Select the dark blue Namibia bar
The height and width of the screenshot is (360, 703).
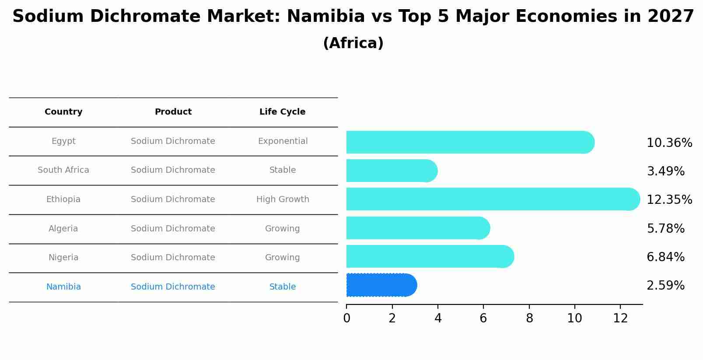pyautogui.click(x=381, y=285)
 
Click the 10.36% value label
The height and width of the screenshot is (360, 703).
pyautogui.click(x=669, y=143)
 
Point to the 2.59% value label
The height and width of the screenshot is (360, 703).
pyautogui.click(x=665, y=286)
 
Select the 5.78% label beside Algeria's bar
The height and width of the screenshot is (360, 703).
pyautogui.click(x=665, y=228)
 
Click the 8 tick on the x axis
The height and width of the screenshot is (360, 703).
pyautogui.click(x=529, y=318)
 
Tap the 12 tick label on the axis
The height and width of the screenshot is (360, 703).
pyautogui.click(x=620, y=318)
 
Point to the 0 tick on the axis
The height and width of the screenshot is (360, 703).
pyautogui.click(x=346, y=318)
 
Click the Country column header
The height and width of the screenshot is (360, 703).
pyautogui.click(x=63, y=112)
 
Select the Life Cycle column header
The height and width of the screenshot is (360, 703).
pyautogui.click(x=282, y=112)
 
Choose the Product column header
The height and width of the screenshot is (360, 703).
pyautogui.click(x=173, y=112)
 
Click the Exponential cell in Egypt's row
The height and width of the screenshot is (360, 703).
pyautogui.click(x=283, y=141)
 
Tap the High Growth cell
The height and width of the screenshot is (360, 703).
pyautogui.click(x=283, y=199)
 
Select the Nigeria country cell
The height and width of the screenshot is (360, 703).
pyautogui.click(x=63, y=258)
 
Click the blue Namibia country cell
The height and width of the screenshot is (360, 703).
pyautogui.click(x=63, y=287)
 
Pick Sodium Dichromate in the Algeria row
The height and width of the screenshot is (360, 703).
pyautogui.click(x=173, y=229)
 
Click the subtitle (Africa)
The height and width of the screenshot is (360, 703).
pyautogui.click(x=353, y=43)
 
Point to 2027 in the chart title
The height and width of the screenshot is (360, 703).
pyautogui.click(x=670, y=17)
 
